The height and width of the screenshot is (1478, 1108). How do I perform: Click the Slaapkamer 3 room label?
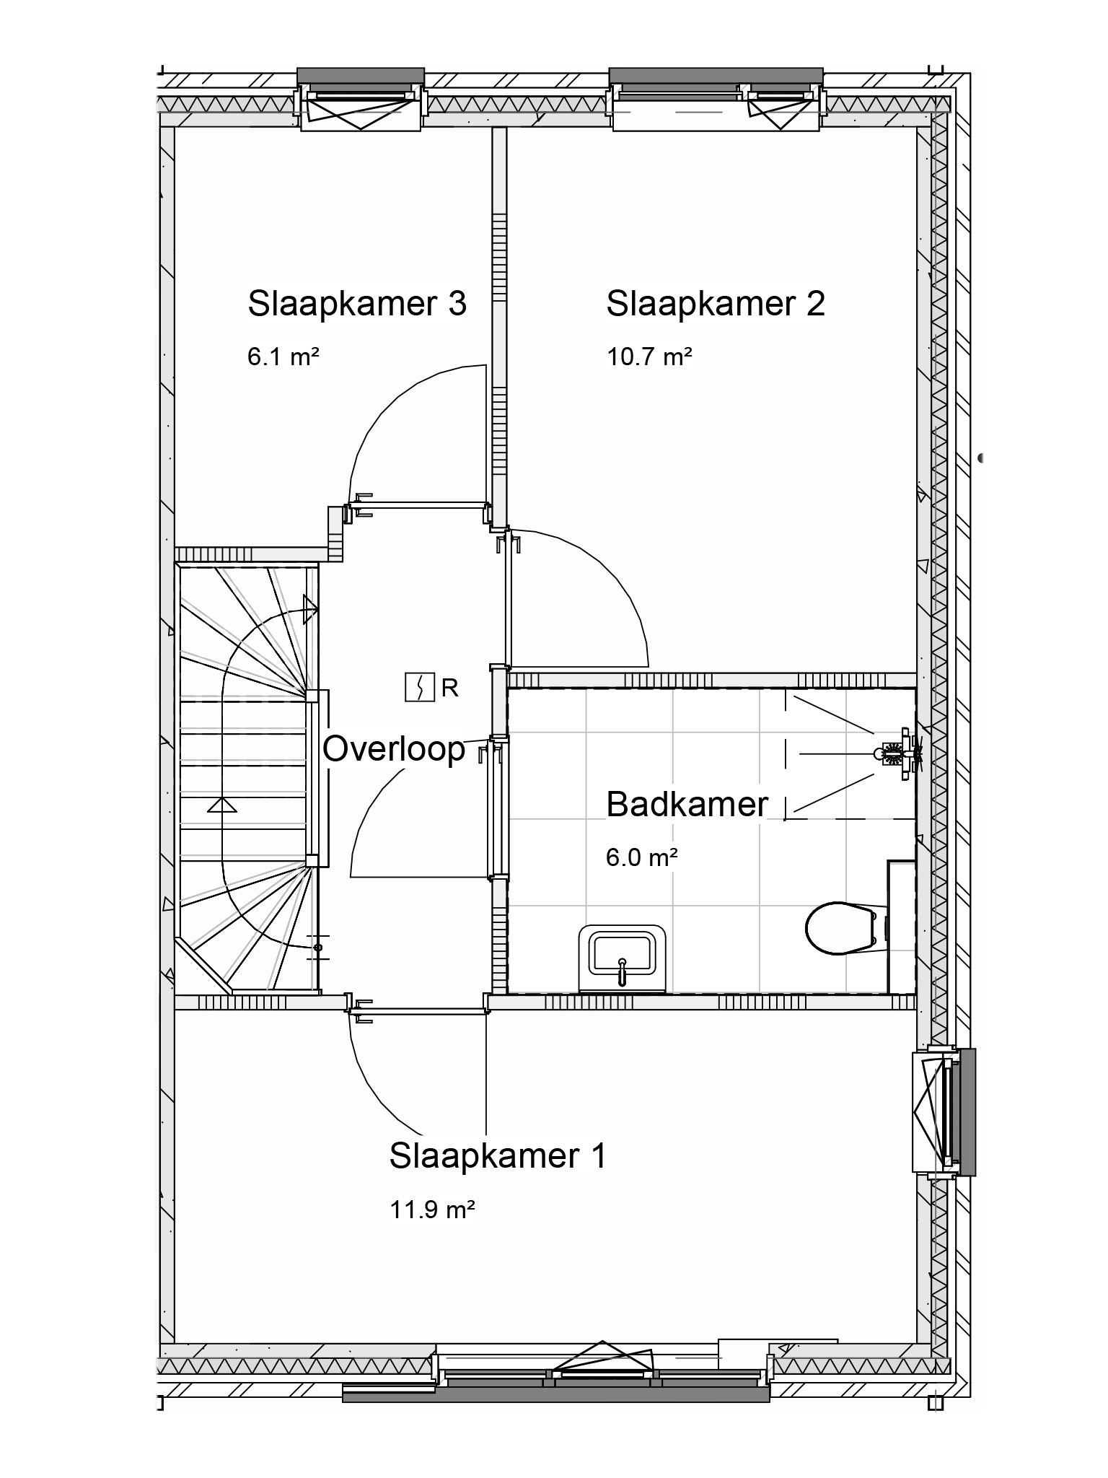click(357, 304)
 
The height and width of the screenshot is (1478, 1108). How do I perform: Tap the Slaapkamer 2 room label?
click(716, 304)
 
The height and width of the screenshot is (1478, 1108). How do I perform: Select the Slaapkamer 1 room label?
click(498, 1155)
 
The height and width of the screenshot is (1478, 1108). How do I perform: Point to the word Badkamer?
click(687, 804)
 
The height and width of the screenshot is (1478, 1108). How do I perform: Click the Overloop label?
click(394, 749)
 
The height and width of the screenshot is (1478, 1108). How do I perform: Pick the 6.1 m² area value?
click(283, 357)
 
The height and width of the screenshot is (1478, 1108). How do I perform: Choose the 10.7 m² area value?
click(649, 357)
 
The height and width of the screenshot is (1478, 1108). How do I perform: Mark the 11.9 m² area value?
click(432, 1209)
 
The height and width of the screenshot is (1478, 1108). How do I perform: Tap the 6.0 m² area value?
click(642, 857)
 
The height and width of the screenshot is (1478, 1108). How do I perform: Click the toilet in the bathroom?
click(844, 928)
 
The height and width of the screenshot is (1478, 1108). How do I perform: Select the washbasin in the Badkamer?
click(623, 958)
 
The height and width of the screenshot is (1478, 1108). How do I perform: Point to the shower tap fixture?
click(898, 753)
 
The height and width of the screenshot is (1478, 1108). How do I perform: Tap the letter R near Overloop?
click(449, 688)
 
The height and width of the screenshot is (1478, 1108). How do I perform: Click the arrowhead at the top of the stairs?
click(311, 609)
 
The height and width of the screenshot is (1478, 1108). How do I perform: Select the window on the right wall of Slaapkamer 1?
click(944, 1111)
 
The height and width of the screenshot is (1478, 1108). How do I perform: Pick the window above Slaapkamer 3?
click(361, 100)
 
